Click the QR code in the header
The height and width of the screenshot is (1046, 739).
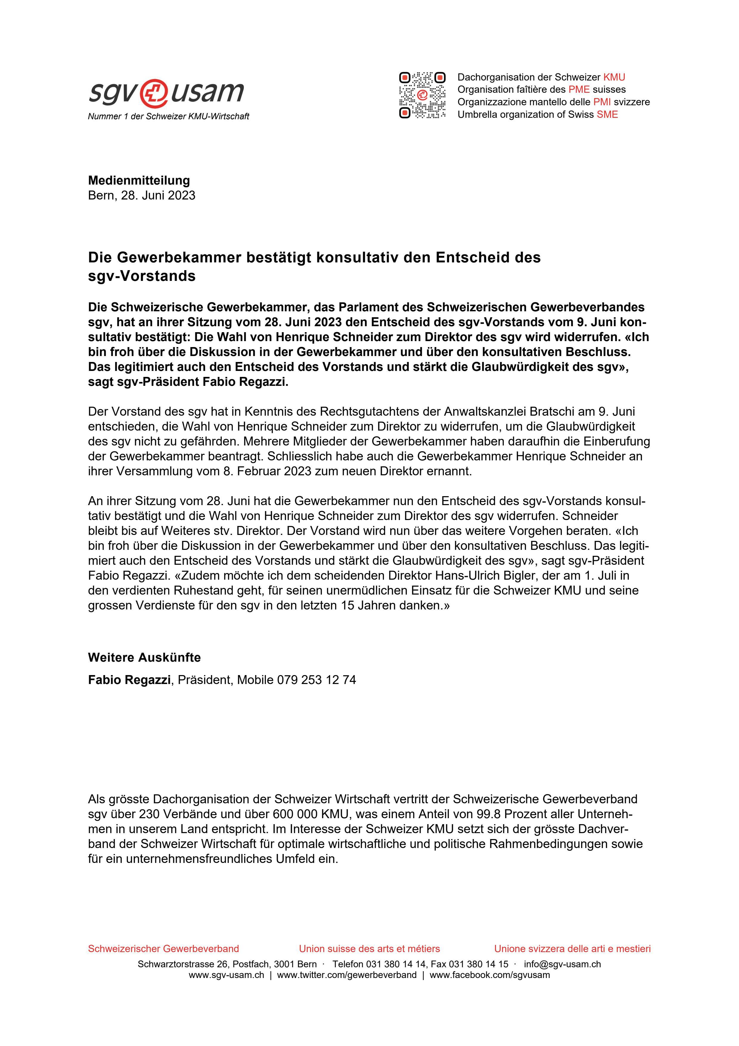(x=422, y=95)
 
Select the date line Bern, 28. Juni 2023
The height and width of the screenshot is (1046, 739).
(x=142, y=195)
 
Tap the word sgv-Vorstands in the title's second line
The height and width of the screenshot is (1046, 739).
(x=142, y=276)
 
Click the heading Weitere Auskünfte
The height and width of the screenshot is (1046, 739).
(x=144, y=657)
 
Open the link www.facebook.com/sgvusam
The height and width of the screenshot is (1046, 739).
(x=489, y=975)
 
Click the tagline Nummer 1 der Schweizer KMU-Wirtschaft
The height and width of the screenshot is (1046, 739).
(x=168, y=117)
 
